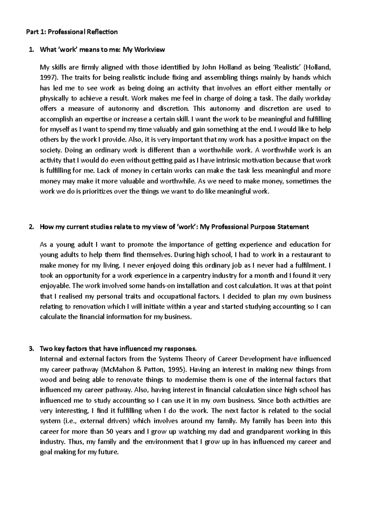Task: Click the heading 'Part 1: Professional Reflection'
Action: [72, 32]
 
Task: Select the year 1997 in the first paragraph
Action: [46, 78]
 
